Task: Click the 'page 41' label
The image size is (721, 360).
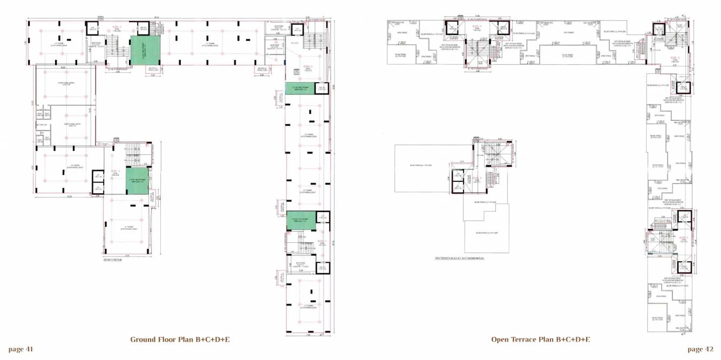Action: point(21,349)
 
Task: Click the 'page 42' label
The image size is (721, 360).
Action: point(700,349)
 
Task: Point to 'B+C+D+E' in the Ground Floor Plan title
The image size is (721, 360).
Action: point(211,339)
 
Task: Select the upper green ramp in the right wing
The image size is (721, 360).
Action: point(300,89)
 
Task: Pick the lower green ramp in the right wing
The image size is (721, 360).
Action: point(300,220)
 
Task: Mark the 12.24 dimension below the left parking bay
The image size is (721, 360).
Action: point(70,196)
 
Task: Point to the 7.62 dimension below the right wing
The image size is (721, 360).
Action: point(307,335)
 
